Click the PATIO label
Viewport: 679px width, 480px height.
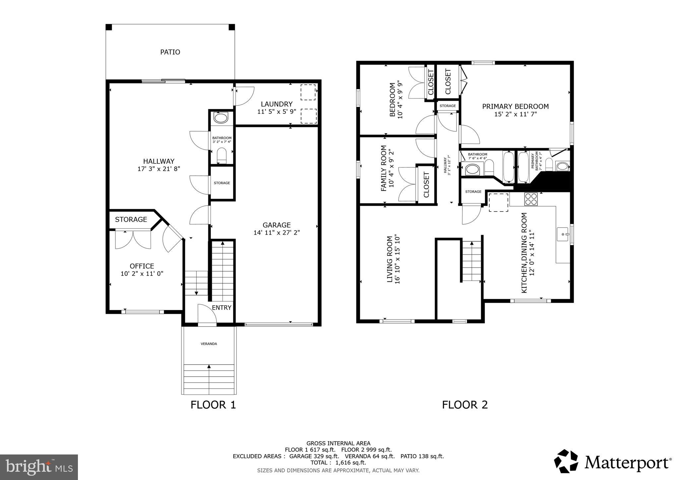170,52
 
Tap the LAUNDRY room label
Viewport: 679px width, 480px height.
277,104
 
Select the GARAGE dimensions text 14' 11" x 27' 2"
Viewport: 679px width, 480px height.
277,233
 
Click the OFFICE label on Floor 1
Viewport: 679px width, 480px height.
142,266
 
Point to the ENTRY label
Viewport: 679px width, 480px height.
221,308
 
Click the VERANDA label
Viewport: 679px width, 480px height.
209,344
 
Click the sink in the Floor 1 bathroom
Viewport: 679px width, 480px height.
221,118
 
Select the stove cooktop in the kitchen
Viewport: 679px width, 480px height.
530,199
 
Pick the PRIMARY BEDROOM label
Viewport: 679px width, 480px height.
515,106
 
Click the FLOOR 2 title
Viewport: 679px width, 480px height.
465,405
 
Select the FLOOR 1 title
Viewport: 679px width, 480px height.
213,405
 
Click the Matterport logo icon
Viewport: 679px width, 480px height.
566,461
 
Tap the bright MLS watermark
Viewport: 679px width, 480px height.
39,467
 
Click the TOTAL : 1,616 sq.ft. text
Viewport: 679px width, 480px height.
338,463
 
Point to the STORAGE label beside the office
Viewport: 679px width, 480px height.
131,219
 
